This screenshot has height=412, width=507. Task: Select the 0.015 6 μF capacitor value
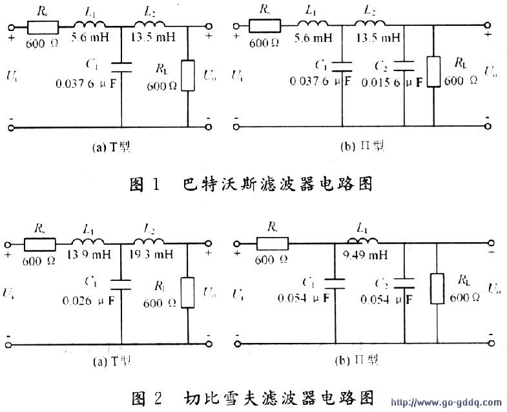[x=399, y=83]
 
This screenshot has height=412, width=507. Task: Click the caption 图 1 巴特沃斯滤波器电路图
[x=251, y=184]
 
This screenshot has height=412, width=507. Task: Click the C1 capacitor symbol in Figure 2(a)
[x=121, y=282]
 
